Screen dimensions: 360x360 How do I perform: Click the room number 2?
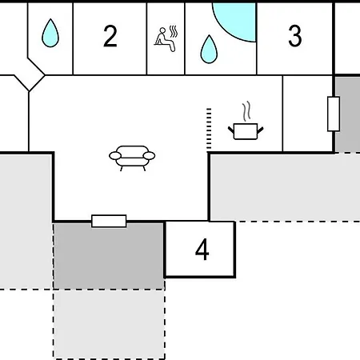point(110,36)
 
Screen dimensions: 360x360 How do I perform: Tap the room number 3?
point(295,36)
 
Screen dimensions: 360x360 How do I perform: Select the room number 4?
point(202,250)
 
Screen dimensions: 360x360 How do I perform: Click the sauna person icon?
point(166,38)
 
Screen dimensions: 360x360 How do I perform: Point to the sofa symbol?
point(132,158)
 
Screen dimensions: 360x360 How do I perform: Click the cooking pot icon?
point(246,131)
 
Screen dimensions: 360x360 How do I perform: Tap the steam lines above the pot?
point(247,110)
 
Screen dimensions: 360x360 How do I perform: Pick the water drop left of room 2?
point(50,33)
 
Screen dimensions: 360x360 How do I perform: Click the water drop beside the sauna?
point(209,50)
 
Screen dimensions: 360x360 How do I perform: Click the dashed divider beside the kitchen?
point(209,129)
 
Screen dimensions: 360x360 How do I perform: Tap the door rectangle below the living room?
point(109,221)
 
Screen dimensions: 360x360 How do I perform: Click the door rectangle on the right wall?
point(334,114)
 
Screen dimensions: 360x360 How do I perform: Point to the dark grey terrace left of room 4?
point(109,256)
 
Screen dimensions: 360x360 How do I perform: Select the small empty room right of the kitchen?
point(308,114)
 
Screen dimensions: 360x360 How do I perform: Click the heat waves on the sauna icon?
point(174,31)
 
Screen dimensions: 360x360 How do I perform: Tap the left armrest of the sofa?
point(115,156)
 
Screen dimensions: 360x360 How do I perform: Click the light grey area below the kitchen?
point(285,187)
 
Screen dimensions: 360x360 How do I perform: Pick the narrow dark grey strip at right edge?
point(348,114)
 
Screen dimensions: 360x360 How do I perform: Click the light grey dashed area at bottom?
point(109,324)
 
